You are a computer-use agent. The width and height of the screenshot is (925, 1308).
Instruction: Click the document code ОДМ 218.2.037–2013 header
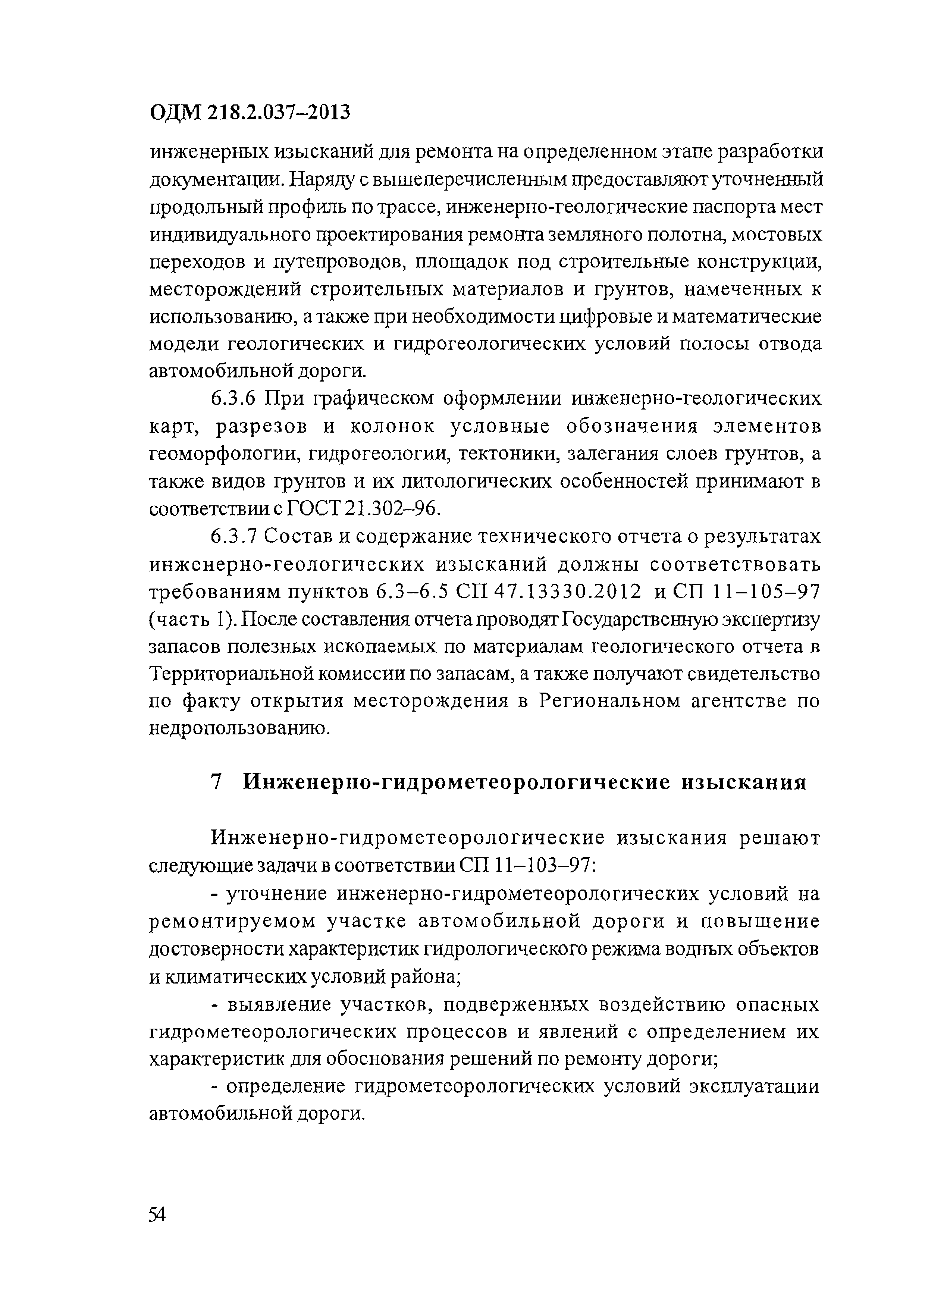coord(250,113)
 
